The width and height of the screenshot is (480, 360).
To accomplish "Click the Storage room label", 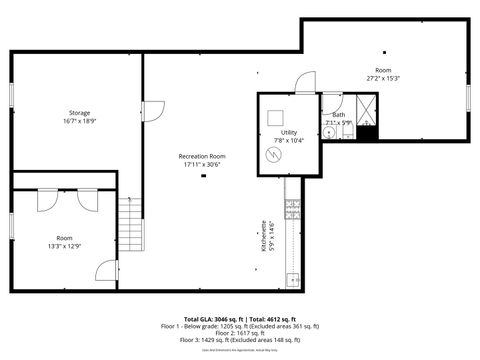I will [x=79, y=112].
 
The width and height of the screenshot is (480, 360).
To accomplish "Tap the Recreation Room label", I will [x=201, y=156].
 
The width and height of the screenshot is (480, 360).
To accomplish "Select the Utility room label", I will [x=289, y=132].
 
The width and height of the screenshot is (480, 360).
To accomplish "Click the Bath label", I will [x=339, y=115].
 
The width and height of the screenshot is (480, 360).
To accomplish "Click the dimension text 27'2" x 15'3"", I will [x=383, y=77].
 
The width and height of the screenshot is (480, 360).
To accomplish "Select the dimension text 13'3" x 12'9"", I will [x=65, y=246].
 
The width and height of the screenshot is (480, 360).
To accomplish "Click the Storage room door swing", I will [x=153, y=113].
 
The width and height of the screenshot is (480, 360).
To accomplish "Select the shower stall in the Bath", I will [x=366, y=109].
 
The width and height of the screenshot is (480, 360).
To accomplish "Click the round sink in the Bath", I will [x=329, y=131].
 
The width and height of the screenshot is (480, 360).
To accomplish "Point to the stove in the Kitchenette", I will [x=292, y=209].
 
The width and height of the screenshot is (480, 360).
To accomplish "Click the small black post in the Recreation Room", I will [x=203, y=176].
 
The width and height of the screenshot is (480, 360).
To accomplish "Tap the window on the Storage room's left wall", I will [x=11, y=93].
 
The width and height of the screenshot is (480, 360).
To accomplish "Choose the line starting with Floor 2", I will [x=240, y=334].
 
